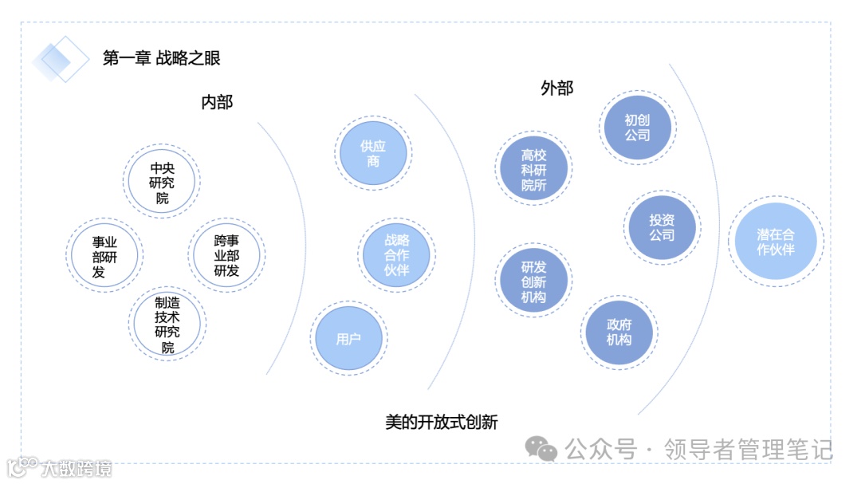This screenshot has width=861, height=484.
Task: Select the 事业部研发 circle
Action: click(x=104, y=255)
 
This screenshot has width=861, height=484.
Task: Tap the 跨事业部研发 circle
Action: click(x=227, y=255)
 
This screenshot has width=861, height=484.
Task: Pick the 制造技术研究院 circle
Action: click(x=167, y=325)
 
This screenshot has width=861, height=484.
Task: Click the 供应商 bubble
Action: click(x=373, y=154)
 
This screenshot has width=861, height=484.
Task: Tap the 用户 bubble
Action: click(x=348, y=339)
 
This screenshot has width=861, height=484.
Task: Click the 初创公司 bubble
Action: click(x=637, y=128)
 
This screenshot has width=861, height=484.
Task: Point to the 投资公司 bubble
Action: click(x=662, y=227)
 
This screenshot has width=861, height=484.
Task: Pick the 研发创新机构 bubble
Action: click(x=533, y=281)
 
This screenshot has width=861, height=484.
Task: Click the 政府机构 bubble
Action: click(x=619, y=332)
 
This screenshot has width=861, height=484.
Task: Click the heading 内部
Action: click(x=217, y=102)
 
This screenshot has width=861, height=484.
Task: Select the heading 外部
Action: click(x=556, y=88)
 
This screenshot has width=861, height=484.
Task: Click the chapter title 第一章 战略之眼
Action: click(x=161, y=57)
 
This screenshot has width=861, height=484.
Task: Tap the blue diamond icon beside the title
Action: click(x=61, y=59)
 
